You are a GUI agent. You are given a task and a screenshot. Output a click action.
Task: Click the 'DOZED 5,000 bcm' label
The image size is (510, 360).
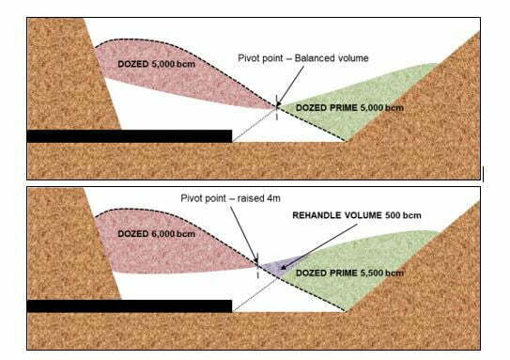tap(157, 64)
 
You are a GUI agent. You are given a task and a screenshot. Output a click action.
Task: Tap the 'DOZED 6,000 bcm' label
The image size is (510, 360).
tap(157, 234)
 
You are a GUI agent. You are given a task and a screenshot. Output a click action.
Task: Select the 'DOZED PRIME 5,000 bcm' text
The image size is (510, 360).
tap(349, 108)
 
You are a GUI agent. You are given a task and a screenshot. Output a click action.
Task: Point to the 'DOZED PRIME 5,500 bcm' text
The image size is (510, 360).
tap(349, 274)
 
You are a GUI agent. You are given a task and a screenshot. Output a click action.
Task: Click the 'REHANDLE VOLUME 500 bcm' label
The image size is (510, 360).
tap(357, 215)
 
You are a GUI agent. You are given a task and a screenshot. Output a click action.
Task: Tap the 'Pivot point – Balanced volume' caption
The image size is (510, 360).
tap(303, 58)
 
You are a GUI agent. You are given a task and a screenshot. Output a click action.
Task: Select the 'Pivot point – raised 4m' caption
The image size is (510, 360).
tap(231, 198)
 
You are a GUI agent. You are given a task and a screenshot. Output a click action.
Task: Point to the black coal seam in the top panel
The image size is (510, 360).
tap(130, 136)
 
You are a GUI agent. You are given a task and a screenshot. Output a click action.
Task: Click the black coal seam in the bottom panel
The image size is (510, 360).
tap(130, 306)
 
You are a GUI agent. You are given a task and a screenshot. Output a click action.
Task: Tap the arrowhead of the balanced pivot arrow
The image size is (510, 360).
tap(279, 103)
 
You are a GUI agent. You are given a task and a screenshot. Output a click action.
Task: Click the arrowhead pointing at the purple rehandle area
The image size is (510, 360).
tap(284, 267)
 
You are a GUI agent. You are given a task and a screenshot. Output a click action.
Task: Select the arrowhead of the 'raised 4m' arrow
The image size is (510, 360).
tap(256, 260)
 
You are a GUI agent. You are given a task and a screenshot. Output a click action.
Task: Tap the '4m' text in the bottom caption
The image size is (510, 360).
tap(273, 198)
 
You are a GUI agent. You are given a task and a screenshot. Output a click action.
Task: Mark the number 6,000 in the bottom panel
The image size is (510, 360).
tap(163, 234)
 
